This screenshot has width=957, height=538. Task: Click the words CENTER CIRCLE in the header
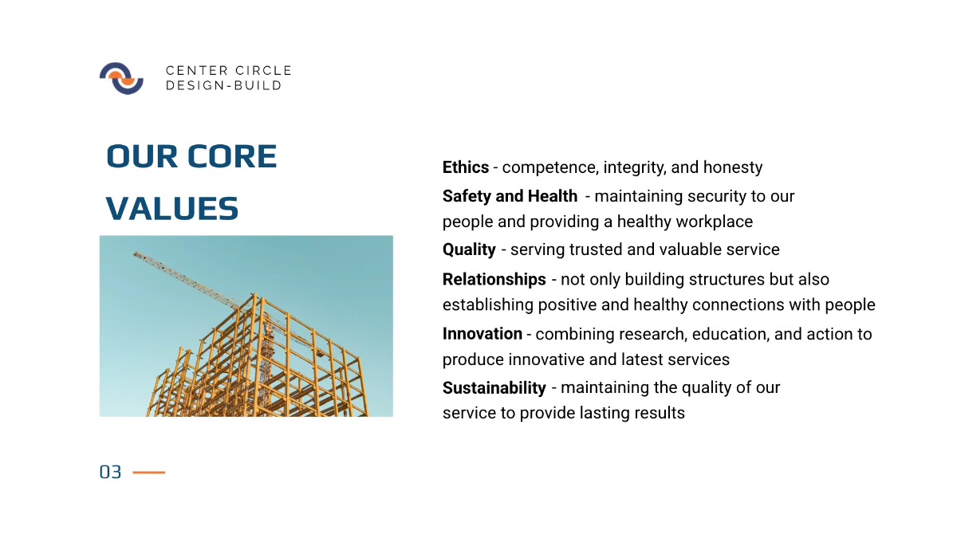[229, 70]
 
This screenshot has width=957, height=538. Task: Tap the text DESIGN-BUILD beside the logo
[223, 85]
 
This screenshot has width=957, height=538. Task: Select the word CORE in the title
[232, 156]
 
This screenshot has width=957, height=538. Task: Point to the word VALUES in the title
[171, 209]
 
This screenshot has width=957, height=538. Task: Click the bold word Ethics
[465, 167]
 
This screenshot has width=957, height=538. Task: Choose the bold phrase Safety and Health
[510, 196]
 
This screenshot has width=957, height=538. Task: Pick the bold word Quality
[469, 249]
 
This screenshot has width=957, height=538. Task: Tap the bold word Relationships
[494, 279]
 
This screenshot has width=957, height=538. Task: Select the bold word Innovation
[482, 333]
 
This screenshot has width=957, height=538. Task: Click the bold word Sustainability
[494, 387]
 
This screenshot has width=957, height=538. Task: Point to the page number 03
[110, 472]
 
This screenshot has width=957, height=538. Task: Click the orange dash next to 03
[148, 472]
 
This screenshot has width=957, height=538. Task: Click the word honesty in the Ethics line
[733, 167]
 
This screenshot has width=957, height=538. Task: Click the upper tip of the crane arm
[135, 253]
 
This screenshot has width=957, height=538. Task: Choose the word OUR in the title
[142, 156]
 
